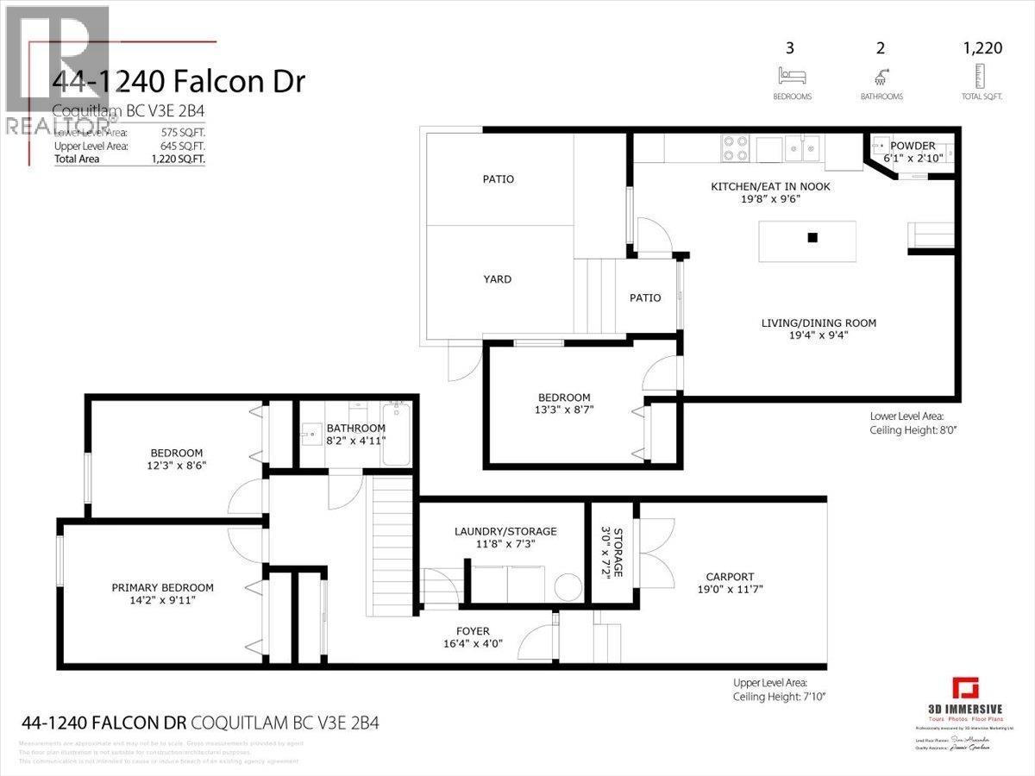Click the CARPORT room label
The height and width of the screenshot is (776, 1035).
point(729,577)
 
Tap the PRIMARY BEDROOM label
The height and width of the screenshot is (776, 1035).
point(162,588)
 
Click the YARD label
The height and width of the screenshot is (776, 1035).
point(497,278)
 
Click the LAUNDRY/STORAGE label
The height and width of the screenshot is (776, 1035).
point(505,531)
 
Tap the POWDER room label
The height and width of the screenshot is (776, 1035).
point(913,146)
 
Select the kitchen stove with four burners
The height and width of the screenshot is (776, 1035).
point(735,149)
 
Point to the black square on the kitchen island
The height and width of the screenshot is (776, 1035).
point(812,238)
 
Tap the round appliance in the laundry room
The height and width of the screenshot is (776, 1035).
point(568,588)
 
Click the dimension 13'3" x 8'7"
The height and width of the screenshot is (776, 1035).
point(565,410)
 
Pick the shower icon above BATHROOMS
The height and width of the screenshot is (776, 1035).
point(881,75)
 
